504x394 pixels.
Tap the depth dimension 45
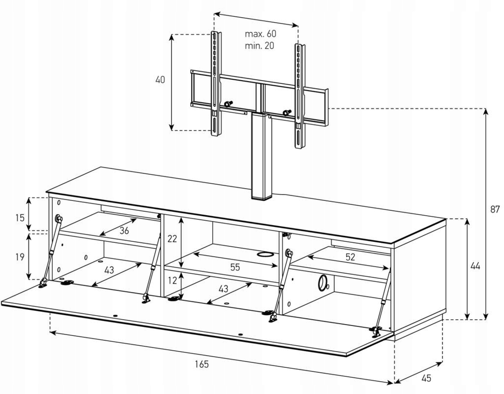point(426,378)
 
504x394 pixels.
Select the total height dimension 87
point(495,209)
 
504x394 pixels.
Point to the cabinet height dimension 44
point(475,266)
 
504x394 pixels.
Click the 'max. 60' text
point(260,34)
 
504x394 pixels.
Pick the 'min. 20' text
point(259,46)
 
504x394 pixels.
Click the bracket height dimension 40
point(160,80)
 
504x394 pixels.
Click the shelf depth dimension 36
point(124,230)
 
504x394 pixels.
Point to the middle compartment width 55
point(235,267)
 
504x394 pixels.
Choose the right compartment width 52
point(350,257)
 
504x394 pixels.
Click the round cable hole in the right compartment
point(323,282)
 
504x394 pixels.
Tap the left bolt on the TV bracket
point(228,104)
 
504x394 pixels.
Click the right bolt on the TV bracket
point(287,113)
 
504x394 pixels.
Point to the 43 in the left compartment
point(109,270)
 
